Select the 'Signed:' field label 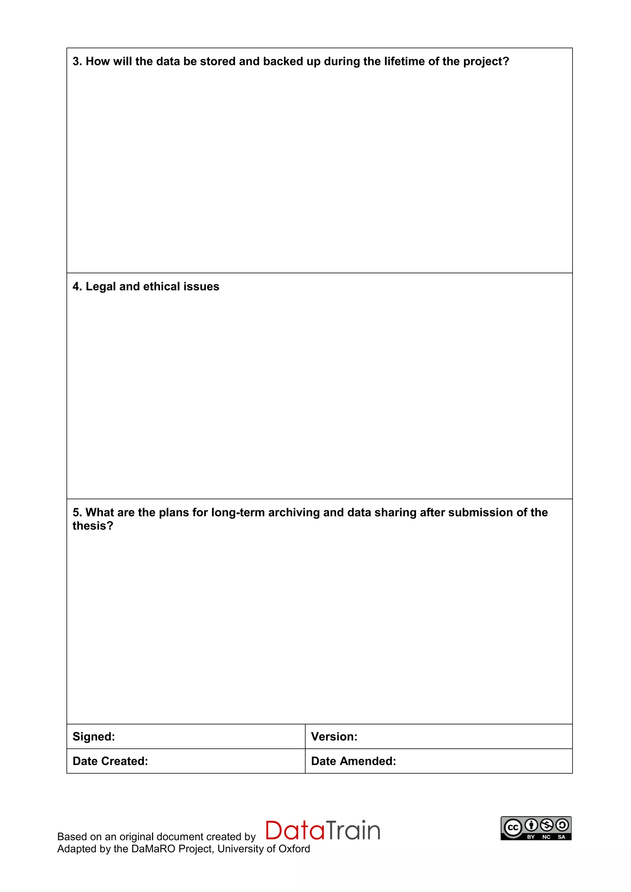click(x=94, y=736)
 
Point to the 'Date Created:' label click(x=110, y=761)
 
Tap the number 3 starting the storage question click(x=76, y=61)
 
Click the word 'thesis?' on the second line click(x=93, y=526)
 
